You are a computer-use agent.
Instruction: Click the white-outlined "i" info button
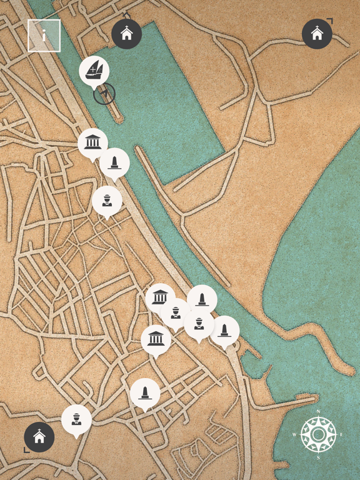pos(44,36)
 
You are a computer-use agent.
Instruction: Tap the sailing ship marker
pos(94,71)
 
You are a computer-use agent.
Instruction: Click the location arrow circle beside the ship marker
pos(104,94)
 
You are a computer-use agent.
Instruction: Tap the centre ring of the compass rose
pos(318,434)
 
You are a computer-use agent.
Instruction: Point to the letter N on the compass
pos(318,411)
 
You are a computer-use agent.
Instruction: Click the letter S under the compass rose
pos(318,458)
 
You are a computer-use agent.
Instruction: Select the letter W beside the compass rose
pos(294,434)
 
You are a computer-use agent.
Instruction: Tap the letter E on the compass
pos(341,434)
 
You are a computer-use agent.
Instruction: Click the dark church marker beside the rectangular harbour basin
pos(127,34)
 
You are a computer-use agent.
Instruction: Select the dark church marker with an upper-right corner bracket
pos(317,34)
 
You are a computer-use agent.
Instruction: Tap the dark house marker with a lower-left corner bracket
pos(39,437)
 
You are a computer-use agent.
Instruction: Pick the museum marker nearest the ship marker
pos(92,143)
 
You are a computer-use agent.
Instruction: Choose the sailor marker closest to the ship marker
pos(107,201)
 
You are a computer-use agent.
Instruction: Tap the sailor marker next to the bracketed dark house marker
pos(76,419)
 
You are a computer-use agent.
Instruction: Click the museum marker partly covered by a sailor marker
pos(160,297)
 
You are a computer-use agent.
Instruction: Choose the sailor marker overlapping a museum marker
pos(176,312)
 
